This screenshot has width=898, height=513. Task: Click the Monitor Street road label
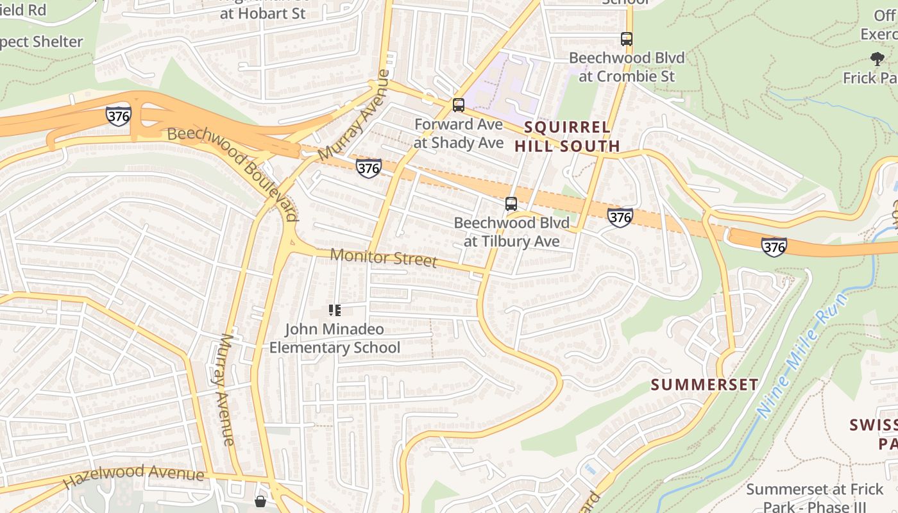coord(383,258)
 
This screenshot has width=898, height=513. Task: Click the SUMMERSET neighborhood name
coord(704,385)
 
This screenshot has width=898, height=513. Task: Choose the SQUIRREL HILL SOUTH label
coord(567,137)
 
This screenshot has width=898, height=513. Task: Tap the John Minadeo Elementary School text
coord(334,339)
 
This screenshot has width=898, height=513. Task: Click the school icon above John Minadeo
coord(334,311)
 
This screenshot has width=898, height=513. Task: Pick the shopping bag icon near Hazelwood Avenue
coord(260,501)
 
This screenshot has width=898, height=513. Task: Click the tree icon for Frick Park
coord(877,59)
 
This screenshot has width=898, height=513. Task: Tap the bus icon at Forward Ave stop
coord(458,105)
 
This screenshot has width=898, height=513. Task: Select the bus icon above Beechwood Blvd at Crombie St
coord(627,39)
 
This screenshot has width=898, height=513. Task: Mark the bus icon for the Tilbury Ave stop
coord(511,204)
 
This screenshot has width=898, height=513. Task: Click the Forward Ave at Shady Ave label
coord(458,133)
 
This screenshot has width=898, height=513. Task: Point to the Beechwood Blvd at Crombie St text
coord(627,67)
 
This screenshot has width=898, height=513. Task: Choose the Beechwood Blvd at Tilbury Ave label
coord(511,232)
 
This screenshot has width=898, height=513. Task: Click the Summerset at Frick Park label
coord(815,498)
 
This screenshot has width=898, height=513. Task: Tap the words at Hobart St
coord(263,13)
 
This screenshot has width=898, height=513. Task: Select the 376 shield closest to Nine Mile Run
coord(774,246)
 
